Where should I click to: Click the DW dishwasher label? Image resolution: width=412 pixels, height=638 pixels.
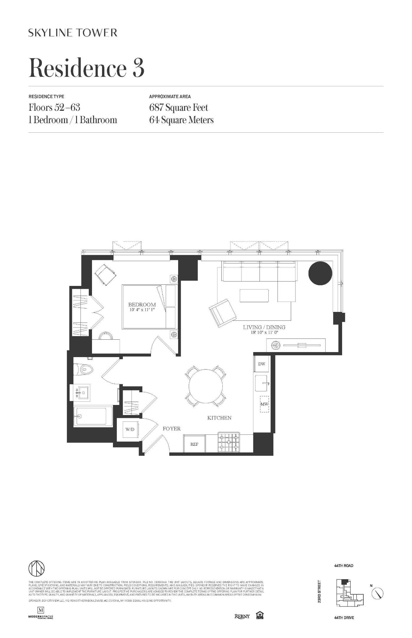point(262,364)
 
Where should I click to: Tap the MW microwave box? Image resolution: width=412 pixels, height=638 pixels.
point(264,404)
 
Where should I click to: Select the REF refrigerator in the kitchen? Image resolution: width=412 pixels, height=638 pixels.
point(194,444)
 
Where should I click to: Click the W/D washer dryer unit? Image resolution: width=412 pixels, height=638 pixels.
point(130,429)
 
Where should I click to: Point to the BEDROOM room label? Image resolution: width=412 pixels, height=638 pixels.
point(142,305)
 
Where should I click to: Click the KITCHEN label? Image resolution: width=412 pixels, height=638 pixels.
point(219,418)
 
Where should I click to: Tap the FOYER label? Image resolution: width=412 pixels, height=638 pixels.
point(172,429)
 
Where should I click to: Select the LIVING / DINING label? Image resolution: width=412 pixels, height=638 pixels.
point(264,327)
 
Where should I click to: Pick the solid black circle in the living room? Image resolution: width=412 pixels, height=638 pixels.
point(320,273)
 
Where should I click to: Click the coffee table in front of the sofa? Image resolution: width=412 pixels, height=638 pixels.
point(254,295)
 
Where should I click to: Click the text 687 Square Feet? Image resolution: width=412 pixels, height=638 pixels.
point(178,108)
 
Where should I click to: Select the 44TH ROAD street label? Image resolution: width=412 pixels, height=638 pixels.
point(344,566)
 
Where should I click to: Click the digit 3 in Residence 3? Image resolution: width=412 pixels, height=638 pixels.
point(138,68)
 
